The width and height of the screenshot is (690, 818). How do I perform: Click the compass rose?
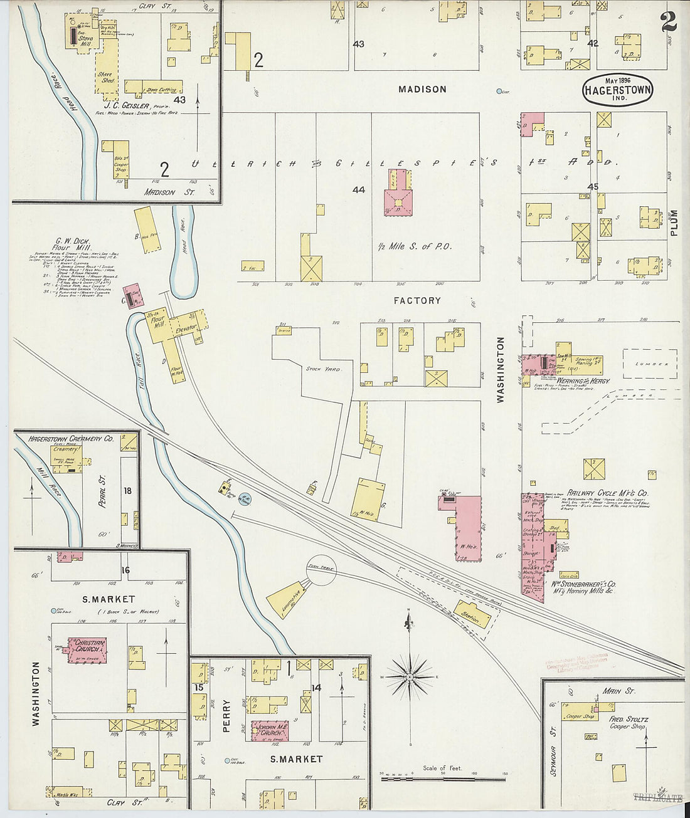pos(410,677)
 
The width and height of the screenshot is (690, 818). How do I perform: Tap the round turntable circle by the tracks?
pos(321,570)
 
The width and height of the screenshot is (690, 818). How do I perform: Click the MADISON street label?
pos(422,90)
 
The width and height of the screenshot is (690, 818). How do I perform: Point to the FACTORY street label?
pos(417,301)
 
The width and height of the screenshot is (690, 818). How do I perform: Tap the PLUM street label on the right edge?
pos(675,223)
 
